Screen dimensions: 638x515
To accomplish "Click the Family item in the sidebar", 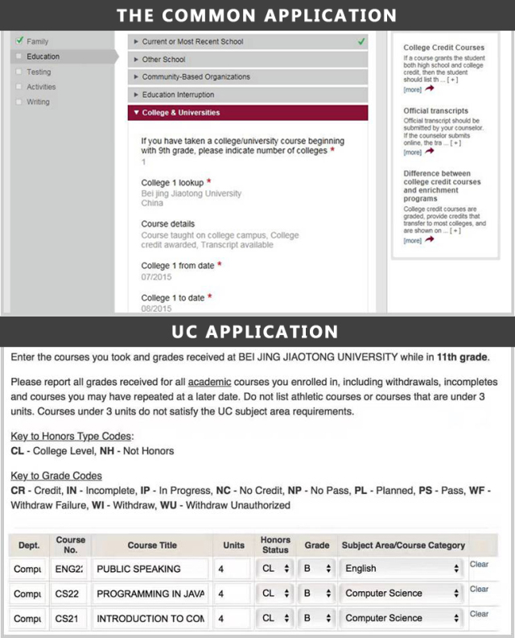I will [37, 41].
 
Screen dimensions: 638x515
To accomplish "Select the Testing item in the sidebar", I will [38, 72].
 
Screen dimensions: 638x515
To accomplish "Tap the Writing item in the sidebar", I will [38, 101].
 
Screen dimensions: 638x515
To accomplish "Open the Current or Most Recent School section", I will [192, 41].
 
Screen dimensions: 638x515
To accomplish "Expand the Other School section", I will [163, 59].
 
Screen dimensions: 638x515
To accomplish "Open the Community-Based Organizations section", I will [196, 77].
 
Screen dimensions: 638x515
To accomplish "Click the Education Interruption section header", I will [178, 94].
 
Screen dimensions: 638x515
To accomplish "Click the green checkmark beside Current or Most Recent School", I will [361, 41].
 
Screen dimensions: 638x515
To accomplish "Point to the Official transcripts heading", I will [435, 110].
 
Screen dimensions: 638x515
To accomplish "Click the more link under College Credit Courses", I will [412, 89].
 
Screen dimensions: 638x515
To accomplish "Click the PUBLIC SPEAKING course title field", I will [151, 568].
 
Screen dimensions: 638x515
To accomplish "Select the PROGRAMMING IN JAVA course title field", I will [151, 593].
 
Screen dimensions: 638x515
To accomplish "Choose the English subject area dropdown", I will [402, 568].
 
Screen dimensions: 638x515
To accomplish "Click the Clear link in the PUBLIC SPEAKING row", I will [479, 564].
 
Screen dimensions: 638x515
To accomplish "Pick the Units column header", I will [233, 545].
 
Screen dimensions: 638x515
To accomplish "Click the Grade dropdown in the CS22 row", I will [317, 593].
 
